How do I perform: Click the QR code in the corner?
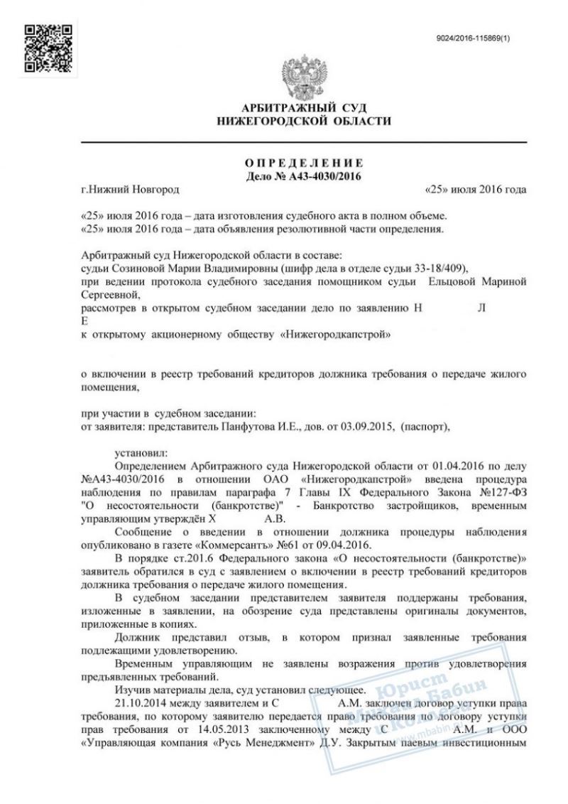click(48, 48)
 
